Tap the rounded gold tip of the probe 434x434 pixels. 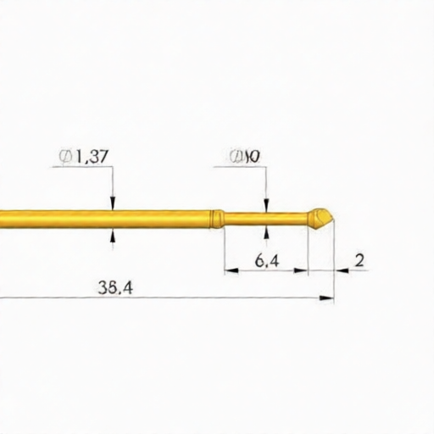pos(321,218)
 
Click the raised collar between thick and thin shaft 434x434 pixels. pos(218,219)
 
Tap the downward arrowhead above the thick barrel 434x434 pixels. pos(113,203)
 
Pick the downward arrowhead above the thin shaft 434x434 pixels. pos(267,207)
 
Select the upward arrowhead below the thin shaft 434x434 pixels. pos(267,231)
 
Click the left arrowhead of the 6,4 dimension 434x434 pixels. pos(229,271)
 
